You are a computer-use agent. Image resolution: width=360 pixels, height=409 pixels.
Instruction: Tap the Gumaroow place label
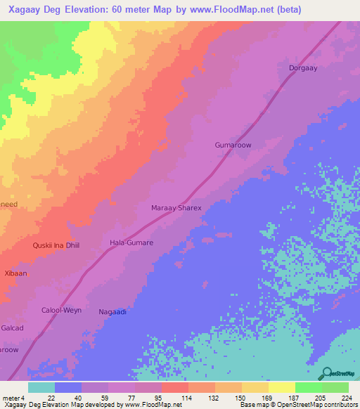(233, 145)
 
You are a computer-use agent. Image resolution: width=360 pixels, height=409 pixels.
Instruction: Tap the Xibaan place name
(15, 273)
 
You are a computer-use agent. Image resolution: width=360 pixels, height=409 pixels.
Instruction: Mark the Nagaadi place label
(112, 311)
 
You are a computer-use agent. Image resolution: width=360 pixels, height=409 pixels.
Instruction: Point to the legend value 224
(345, 398)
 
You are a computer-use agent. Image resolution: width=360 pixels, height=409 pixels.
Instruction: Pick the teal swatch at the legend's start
(41, 387)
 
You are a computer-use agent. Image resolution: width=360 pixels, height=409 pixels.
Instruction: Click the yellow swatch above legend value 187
(281, 387)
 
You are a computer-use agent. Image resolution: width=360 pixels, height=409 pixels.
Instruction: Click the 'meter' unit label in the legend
(11, 398)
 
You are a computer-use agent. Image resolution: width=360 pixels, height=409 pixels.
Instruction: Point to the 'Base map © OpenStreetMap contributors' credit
(298, 405)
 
